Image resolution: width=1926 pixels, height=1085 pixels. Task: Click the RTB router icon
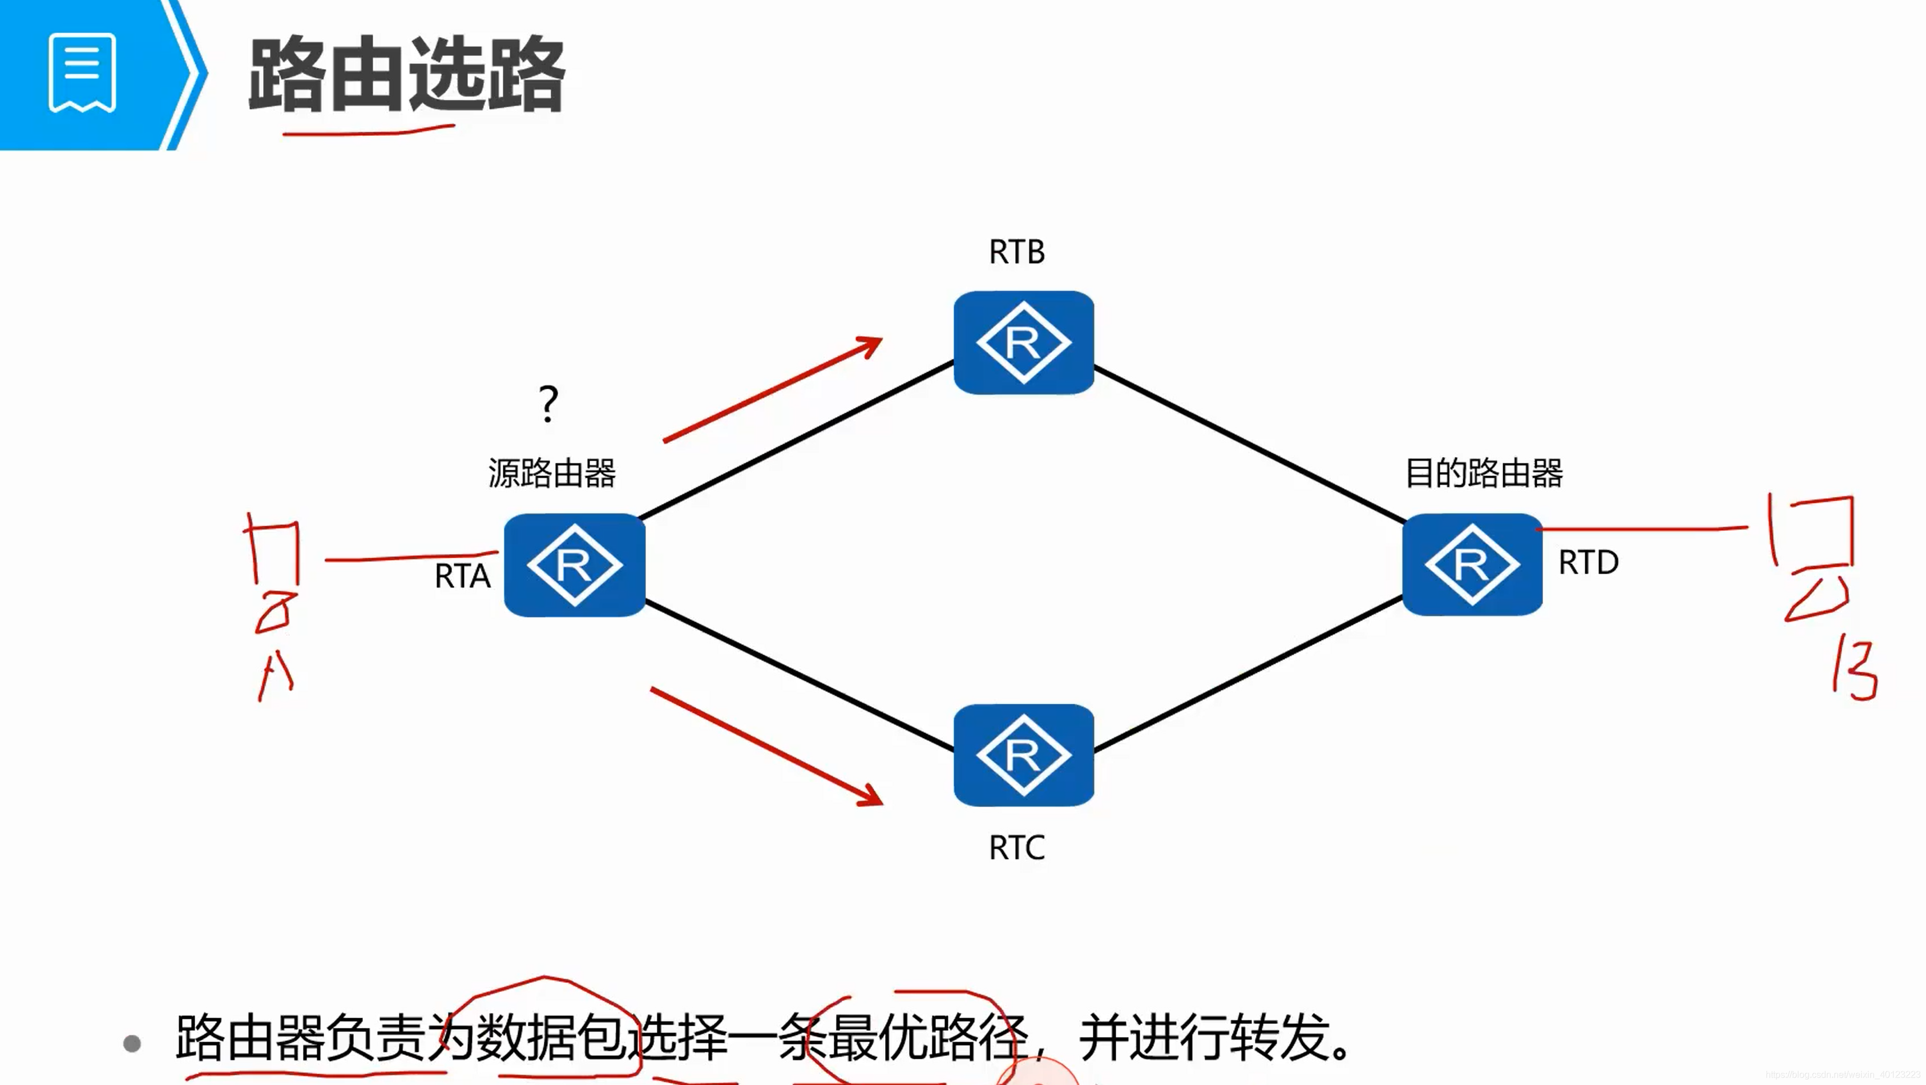[x=1023, y=342]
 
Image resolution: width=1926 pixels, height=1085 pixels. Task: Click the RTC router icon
[x=1023, y=755]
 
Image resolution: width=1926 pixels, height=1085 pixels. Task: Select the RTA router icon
[x=574, y=564]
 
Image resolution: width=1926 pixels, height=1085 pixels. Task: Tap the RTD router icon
[x=1471, y=564]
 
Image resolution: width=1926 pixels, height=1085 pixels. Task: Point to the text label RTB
[x=1016, y=252]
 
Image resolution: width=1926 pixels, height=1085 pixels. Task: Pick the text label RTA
[x=462, y=576]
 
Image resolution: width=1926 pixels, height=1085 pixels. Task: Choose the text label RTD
[x=1588, y=562]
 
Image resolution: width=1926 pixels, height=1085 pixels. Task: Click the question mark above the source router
[x=548, y=404]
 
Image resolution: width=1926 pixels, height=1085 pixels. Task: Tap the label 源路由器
[x=552, y=473]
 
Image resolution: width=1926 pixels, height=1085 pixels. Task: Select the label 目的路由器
[x=1483, y=473]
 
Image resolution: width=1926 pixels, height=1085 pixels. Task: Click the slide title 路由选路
[x=406, y=75]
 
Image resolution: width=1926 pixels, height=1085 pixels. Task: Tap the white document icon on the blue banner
[x=82, y=72]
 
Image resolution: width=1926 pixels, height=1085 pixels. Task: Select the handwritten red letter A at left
[x=275, y=675]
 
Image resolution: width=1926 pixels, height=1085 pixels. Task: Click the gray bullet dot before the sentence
[x=132, y=1043]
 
